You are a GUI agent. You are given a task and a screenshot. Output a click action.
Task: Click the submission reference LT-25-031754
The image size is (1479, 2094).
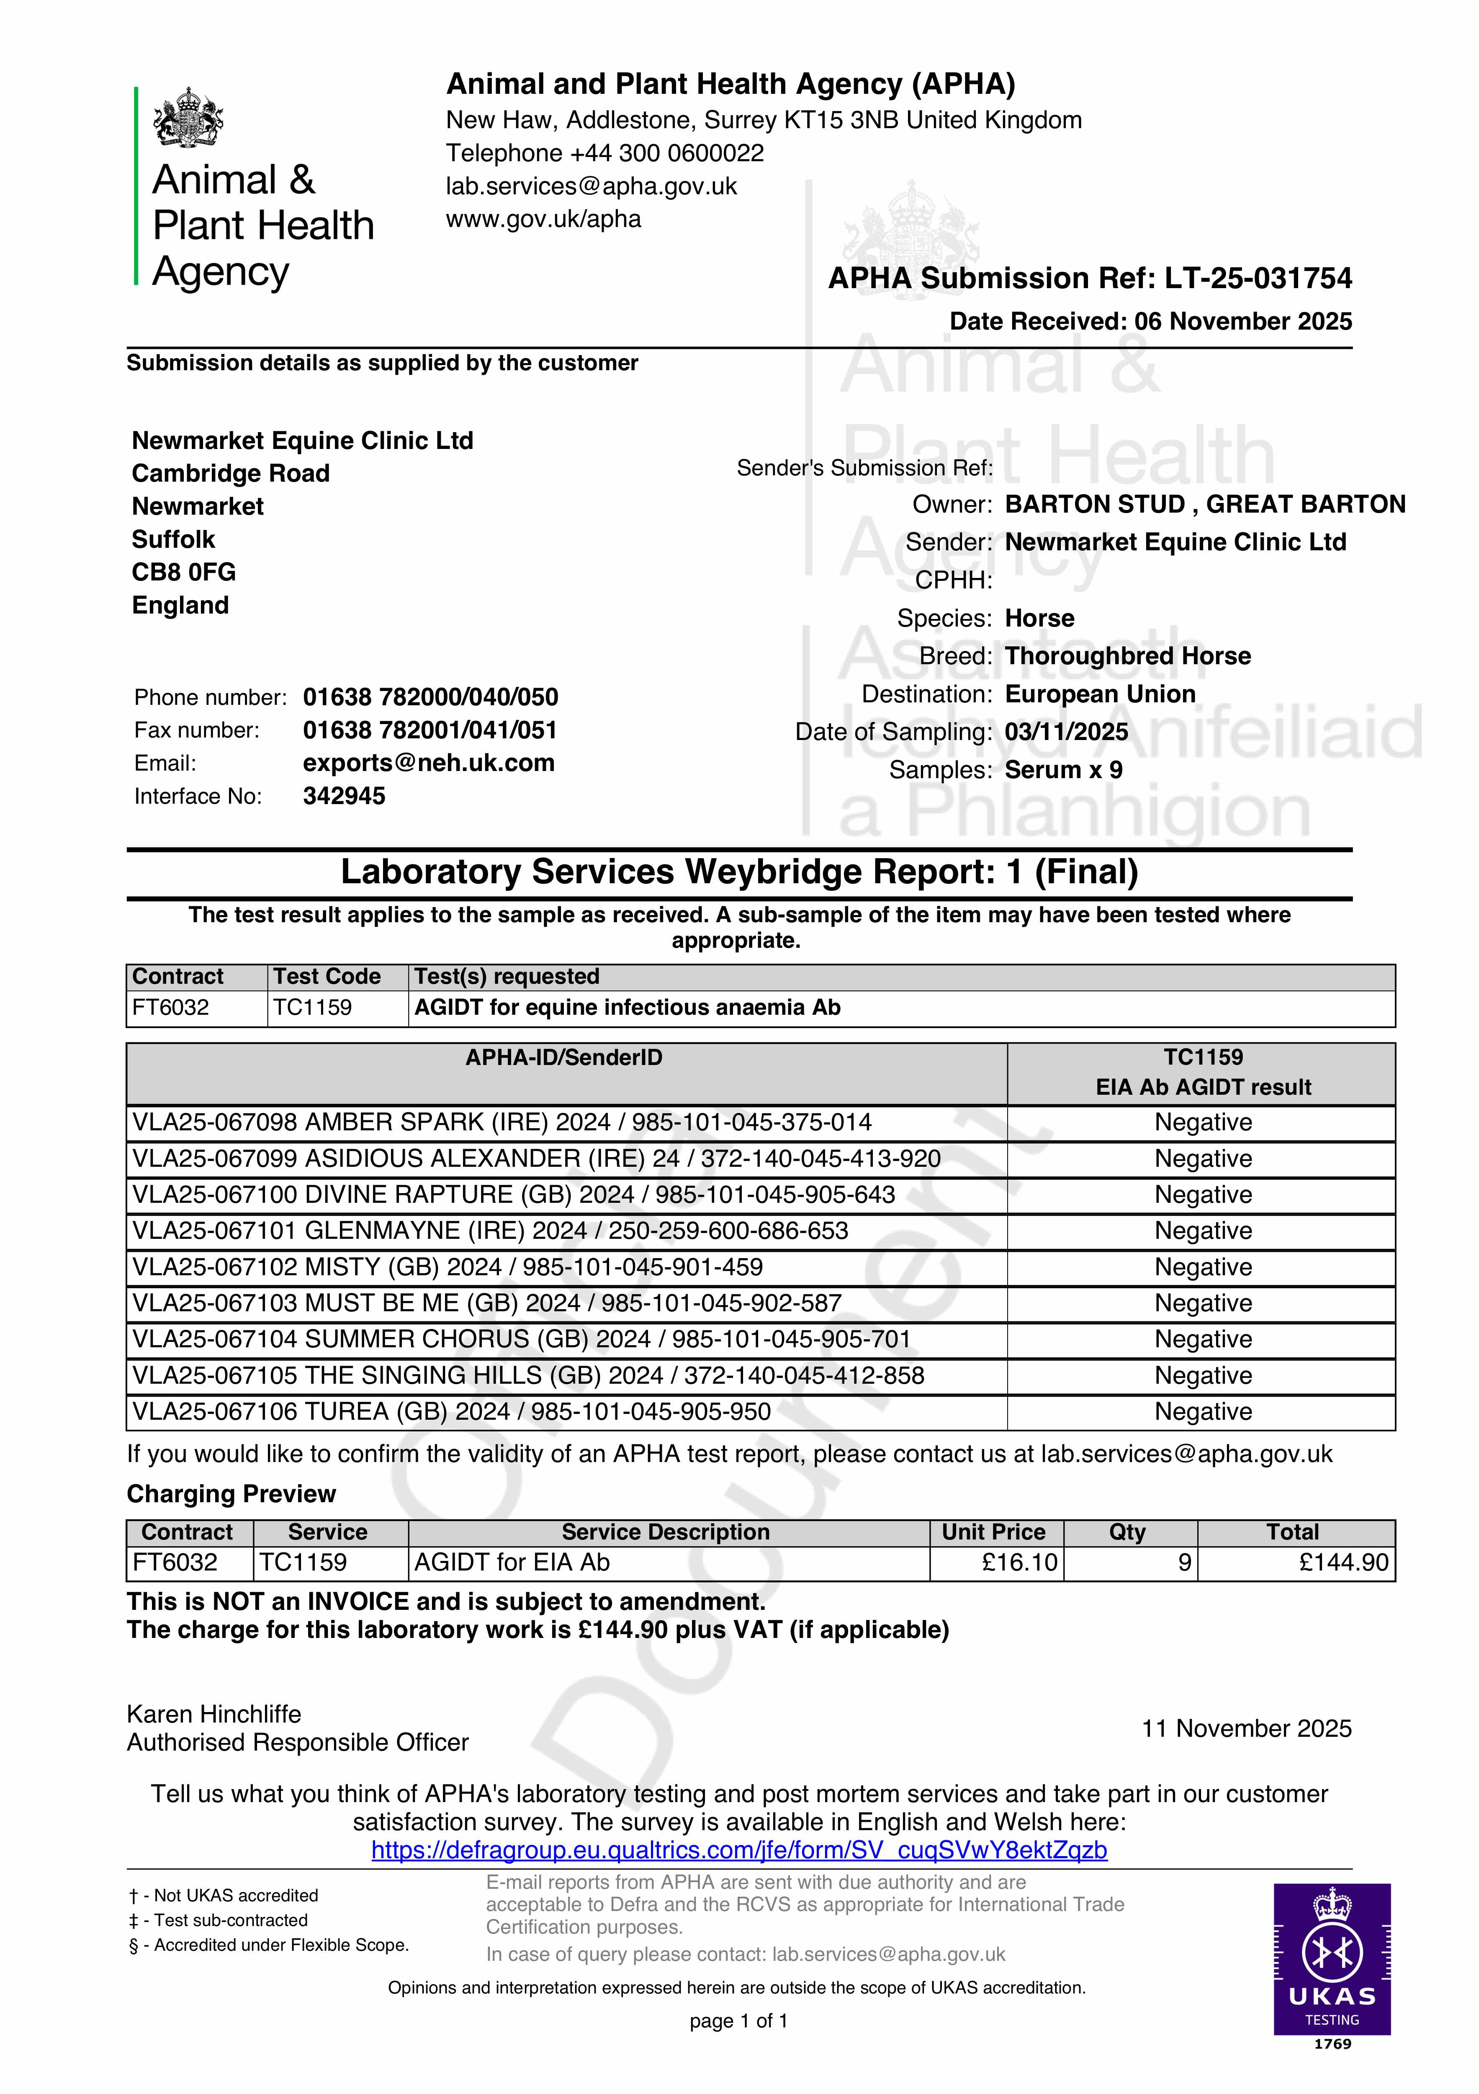1258,278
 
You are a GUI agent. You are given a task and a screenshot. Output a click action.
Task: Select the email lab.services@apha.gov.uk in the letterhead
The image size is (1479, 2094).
591,186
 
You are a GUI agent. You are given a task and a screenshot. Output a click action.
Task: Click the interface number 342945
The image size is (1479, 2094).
344,796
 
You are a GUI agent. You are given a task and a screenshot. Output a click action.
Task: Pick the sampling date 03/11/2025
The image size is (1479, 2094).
1066,732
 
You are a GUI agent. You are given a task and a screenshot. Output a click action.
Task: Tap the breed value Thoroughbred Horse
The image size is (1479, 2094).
1127,656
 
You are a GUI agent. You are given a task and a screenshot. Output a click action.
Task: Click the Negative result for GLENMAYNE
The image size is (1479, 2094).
1203,1231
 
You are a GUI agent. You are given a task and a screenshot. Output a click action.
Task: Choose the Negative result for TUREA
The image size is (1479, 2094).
1203,1412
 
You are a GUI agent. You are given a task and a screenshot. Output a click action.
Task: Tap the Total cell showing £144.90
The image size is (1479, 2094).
1343,1562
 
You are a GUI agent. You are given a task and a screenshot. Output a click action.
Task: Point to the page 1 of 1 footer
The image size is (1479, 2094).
738,2021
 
